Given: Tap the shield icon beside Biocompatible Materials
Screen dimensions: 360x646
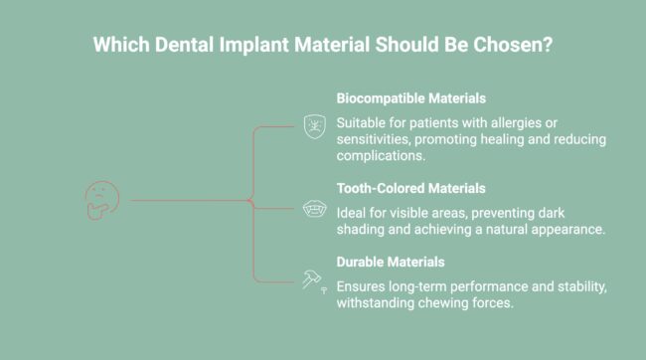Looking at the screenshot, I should click(x=313, y=126).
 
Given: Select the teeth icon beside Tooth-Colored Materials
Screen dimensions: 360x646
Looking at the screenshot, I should click(x=313, y=209).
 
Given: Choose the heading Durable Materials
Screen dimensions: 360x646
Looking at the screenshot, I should click(x=390, y=262).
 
